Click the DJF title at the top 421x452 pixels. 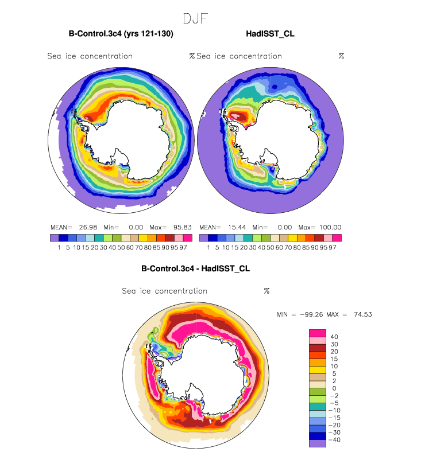pyautogui.click(x=195, y=19)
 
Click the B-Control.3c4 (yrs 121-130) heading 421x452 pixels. pyautogui.click(x=121, y=34)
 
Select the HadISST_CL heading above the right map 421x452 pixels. pyautogui.click(x=269, y=34)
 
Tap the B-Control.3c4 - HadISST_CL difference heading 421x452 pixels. pyautogui.click(x=195, y=268)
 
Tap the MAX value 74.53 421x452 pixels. pyautogui.click(x=363, y=314)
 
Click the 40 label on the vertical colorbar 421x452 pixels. pyautogui.click(x=334, y=337)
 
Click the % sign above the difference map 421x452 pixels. pyautogui.click(x=266, y=291)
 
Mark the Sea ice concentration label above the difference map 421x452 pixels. pyautogui.click(x=164, y=291)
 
